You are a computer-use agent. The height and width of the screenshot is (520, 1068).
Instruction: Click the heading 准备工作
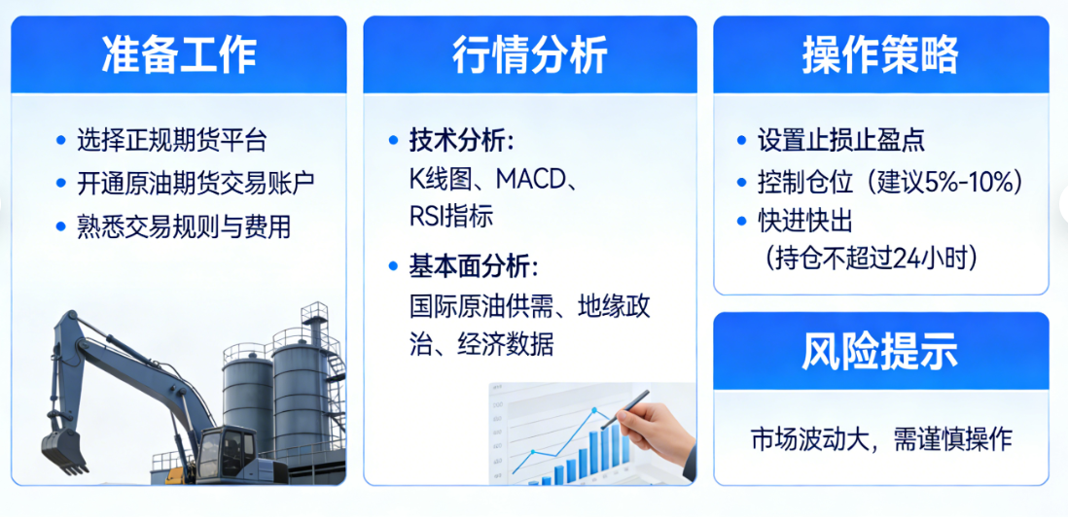(179, 55)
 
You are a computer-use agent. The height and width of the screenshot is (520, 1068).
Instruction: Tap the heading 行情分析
(530, 55)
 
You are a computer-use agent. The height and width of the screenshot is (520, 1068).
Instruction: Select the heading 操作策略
(880, 55)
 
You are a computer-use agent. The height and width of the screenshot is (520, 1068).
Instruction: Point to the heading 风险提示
(880, 351)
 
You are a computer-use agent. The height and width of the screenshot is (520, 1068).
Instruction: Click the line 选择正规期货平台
(171, 140)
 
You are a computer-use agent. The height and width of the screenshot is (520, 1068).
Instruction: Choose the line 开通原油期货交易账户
(196, 183)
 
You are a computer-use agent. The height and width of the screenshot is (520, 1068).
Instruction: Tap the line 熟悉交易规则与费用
(184, 226)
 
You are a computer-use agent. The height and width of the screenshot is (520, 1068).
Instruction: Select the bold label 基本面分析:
(473, 265)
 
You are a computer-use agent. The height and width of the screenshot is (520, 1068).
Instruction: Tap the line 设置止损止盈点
(840, 140)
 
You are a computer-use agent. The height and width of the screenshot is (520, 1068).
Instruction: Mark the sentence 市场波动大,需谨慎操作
(880, 438)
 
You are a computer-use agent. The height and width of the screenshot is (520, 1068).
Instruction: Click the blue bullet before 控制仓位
(742, 182)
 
